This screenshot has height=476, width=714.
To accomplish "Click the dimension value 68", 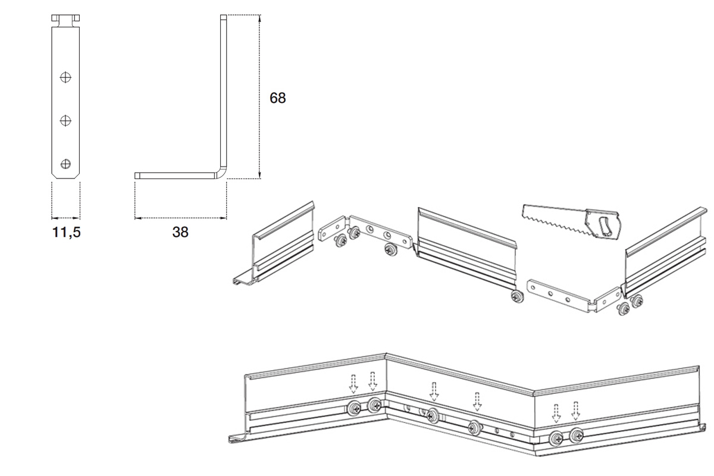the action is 278,98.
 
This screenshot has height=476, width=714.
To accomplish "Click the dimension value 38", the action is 180,232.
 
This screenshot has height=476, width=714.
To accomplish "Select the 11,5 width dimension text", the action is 66,232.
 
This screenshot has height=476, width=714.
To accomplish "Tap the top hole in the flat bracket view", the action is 65,77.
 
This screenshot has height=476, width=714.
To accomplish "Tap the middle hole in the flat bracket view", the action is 65,121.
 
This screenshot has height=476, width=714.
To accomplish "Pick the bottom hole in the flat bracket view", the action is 65,164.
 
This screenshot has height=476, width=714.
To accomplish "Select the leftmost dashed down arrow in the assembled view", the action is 353,384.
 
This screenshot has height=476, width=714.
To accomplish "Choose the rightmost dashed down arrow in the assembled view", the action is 576,411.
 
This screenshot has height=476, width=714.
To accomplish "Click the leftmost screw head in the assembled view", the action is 354,408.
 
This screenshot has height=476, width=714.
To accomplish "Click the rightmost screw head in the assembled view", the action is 577,435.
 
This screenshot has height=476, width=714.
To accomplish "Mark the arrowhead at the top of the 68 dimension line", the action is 260,18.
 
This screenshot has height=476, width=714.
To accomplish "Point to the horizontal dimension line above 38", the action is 180,218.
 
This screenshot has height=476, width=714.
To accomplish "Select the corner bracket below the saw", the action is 574,296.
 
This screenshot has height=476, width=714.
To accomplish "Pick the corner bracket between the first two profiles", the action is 365,233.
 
